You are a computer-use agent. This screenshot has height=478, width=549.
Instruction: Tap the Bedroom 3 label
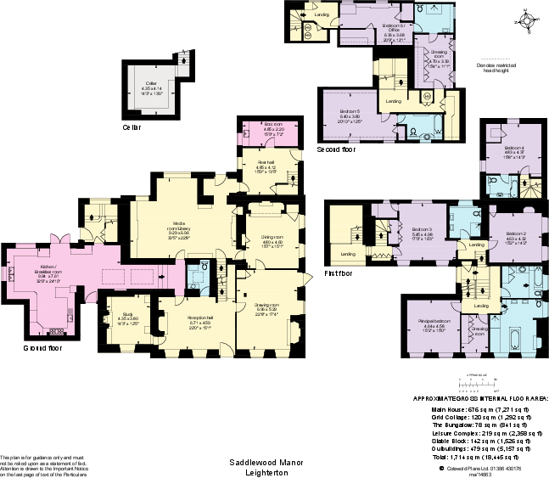pyautogui.click(x=423, y=231)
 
